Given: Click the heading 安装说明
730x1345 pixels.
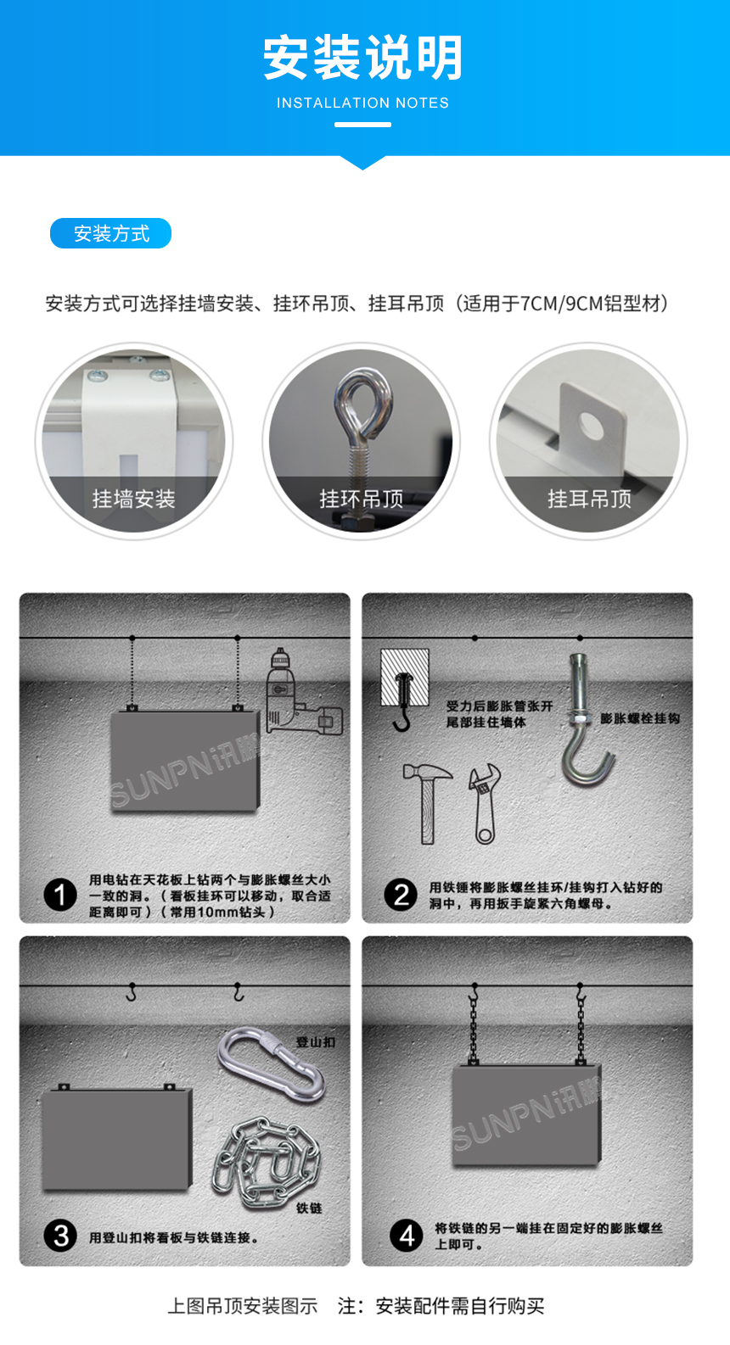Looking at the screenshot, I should [363, 58].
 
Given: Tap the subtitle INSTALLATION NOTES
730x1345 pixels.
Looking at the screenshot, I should [362, 103].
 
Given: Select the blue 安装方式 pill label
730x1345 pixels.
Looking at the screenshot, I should [111, 233].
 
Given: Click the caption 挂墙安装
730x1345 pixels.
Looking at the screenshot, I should [133, 499].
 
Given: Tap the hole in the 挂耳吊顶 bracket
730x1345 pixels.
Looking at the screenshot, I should [591, 425].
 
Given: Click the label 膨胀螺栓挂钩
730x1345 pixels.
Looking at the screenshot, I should [640, 718].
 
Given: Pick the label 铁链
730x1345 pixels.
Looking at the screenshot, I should [309, 1208].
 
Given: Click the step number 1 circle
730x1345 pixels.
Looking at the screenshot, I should [60, 895].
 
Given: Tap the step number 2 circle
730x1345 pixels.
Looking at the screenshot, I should [401, 895].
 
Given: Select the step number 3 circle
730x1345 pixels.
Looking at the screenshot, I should [60, 1236].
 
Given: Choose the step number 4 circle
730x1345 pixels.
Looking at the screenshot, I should [406, 1236].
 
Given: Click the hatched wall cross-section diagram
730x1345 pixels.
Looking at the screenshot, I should [405, 678].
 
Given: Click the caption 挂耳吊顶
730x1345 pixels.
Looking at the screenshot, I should [589, 499].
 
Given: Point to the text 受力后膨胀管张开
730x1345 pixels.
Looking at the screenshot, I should [499, 706].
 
